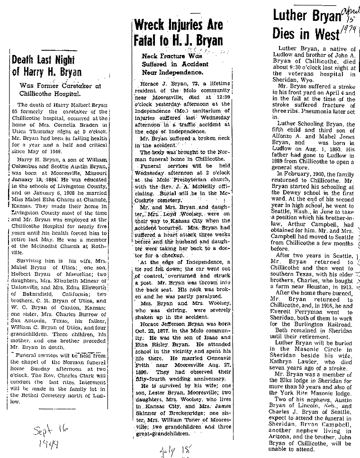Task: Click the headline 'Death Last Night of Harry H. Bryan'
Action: pos(47,66)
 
